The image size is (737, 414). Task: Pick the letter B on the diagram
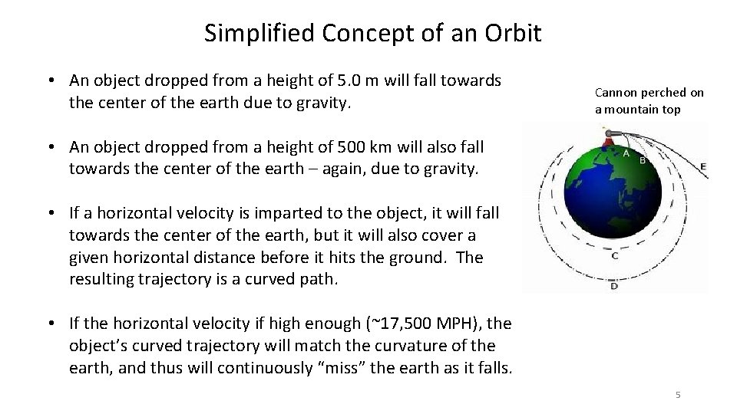pos(643,161)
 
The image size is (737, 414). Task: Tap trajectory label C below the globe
pos(615,257)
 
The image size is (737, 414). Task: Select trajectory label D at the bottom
pos(613,286)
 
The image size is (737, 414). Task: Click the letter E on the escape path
pos(703,166)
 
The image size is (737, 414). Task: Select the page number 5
pos(678,394)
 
